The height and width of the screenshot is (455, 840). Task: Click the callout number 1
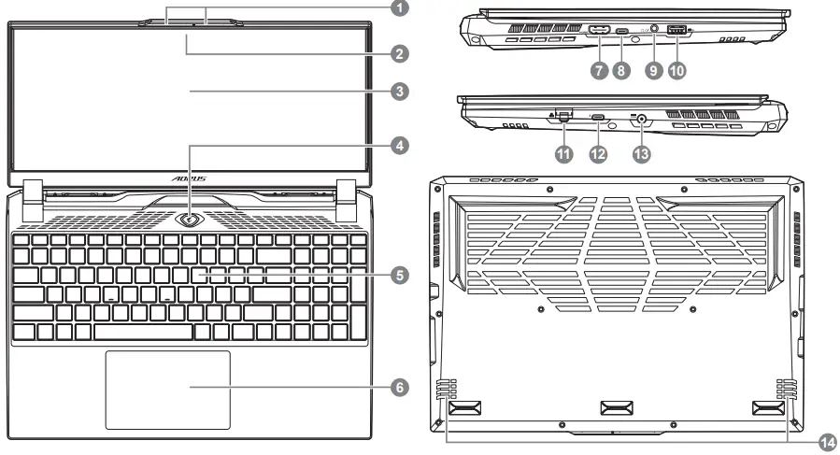399,9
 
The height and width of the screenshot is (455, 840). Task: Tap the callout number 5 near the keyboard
399,276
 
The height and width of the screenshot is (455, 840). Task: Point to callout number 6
399,386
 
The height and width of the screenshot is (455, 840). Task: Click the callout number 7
599,71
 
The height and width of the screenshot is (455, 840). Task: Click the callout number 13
640,154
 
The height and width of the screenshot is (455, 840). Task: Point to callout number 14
826,441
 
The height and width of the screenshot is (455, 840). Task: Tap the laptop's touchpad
168,388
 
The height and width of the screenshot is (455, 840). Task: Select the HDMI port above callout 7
600,32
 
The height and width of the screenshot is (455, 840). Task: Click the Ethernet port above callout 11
563,117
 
